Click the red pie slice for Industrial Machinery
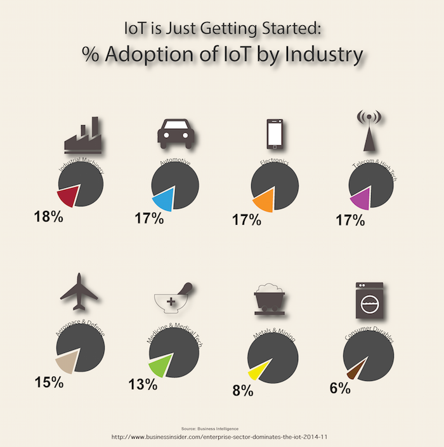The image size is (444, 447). [69, 197]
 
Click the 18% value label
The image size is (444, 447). [48, 217]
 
